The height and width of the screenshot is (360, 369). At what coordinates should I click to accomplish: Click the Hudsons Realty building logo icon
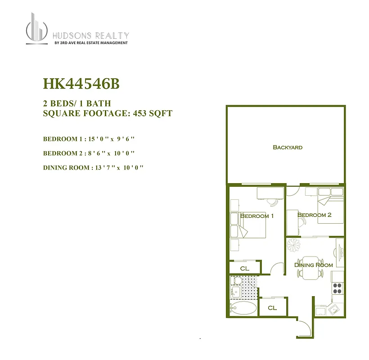(x=36, y=29)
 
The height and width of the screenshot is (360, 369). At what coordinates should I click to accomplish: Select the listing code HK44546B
(x=81, y=84)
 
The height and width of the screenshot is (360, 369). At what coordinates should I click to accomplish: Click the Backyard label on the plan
(x=288, y=147)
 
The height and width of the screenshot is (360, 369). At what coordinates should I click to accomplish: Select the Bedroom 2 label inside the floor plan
(x=314, y=215)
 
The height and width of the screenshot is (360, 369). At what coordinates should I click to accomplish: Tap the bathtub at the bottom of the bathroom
(x=243, y=308)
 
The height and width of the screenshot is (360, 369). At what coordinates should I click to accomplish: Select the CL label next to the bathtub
(x=272, y=308)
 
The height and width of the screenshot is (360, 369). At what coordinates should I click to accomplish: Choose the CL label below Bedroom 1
(x=244, y=268)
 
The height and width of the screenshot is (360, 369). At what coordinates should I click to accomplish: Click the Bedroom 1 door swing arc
(x=277, y=268)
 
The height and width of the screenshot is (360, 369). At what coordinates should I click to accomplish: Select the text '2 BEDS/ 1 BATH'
(x=76, y=103)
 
